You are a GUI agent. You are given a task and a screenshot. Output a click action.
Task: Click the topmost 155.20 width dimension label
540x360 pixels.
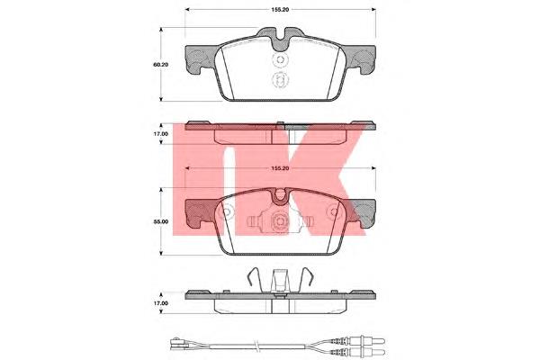[280, 10]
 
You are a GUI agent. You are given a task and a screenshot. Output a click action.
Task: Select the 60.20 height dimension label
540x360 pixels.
[161, 65]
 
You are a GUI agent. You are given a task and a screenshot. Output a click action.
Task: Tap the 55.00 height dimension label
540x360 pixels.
[161, 221]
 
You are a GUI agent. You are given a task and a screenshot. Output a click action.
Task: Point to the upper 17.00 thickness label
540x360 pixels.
[161, 134]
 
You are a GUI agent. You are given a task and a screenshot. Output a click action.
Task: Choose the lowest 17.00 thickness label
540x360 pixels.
[161, 303]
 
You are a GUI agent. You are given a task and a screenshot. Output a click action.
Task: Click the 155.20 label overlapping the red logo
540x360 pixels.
[280, 168]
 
